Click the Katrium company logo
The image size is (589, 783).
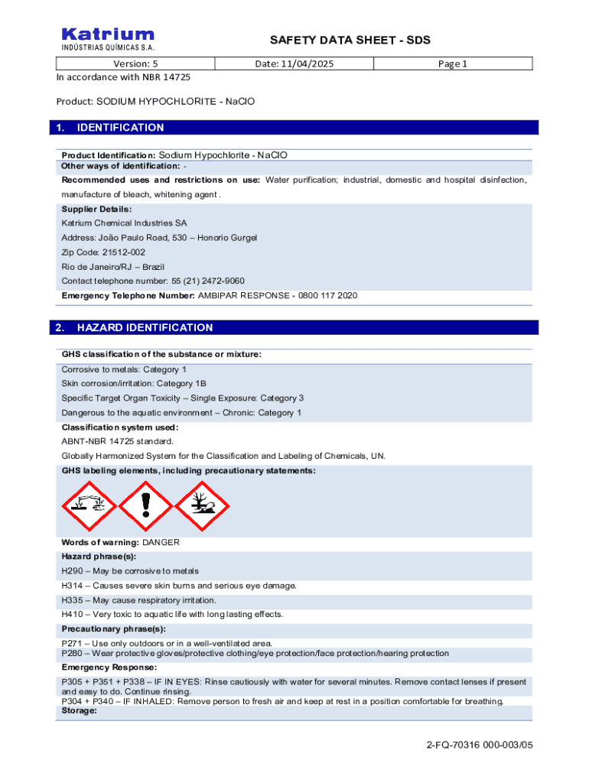[107, 38]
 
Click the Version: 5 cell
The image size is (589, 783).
[135, 63]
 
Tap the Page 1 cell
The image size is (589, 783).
[452, 63]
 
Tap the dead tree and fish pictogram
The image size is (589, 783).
[203, 506]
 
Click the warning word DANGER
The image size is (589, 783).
[161, 542]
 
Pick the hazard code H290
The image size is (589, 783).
[72, 571]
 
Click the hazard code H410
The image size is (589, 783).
[72, 614]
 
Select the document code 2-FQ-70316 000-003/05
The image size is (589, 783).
[479, 745]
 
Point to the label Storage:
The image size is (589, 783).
[79, 711]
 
